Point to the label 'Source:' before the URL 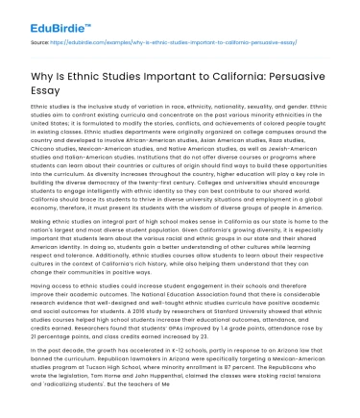[40, 43]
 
